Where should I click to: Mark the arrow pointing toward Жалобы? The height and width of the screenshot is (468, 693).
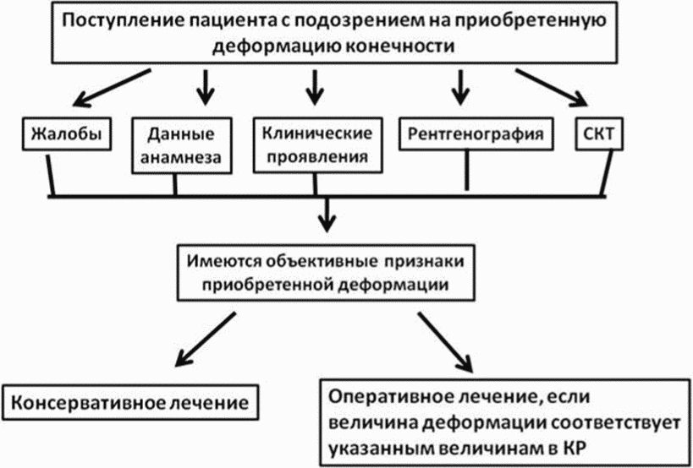pyautogui.click(x=113, y=87)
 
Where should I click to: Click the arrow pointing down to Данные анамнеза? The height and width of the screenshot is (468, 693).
pyautogui.click(x=205, y=87)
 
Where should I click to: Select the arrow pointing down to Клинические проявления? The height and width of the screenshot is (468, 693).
pyautogui.click(x=314, y=87)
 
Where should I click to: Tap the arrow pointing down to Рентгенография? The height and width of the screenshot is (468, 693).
pyautogui.click(x=460, y=87)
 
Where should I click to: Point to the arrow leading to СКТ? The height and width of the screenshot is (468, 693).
pyautogui.click(x=553, y=87)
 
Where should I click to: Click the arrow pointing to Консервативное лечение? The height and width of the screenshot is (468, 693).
pyautogui.click(x=206, y=339)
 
